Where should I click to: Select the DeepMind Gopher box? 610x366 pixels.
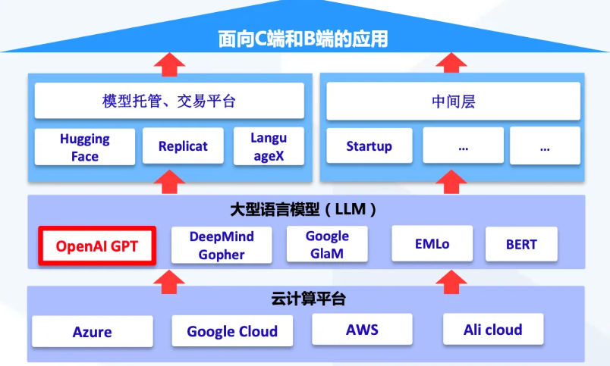point(222,246)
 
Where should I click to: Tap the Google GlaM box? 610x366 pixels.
point(327,244)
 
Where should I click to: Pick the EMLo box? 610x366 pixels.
point(432,243)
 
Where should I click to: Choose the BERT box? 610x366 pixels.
point(521,244)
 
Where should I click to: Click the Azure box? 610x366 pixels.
point(93,331)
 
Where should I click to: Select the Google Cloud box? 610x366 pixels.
point(232,330)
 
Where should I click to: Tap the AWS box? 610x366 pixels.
point(362,330)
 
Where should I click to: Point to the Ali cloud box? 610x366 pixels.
point(493,329)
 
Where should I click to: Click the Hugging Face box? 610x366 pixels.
point(85,147)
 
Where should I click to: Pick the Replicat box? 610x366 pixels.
point(183,145)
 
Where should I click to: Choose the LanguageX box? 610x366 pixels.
point(269,146)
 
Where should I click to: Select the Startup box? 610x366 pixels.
point(369,145)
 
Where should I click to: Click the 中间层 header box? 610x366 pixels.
point(453,101)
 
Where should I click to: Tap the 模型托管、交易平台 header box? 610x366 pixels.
point(169,101)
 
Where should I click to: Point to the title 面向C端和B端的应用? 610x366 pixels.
point(303,39)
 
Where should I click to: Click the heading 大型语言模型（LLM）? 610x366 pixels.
point(303,209)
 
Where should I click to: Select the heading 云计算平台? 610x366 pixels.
point(309,299)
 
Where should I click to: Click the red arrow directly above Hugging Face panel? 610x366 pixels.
point(169,64)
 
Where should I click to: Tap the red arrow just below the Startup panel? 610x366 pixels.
point(451,181)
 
